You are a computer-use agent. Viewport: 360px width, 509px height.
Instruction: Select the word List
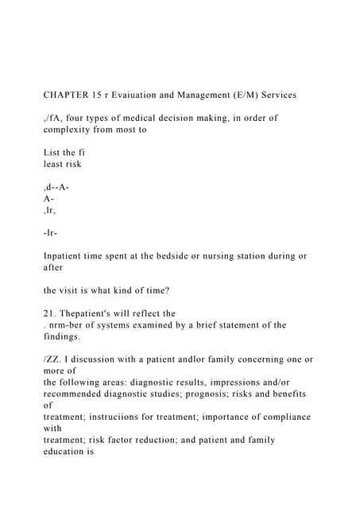coord(52,152)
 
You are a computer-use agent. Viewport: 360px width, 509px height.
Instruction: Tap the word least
coord(56,164)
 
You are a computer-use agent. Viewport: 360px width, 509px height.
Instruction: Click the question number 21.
coord(49,313)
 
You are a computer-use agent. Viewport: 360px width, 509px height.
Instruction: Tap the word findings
coord(66,336)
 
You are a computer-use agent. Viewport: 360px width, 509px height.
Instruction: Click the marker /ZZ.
coord(52,359)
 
